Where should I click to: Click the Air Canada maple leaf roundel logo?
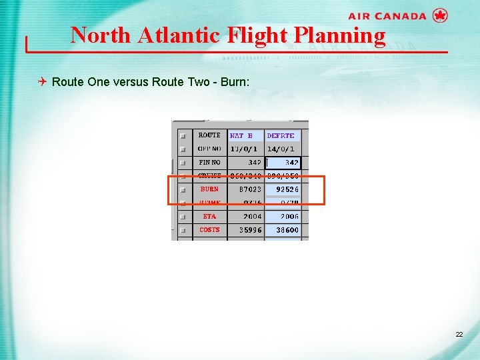(x=440, y=15)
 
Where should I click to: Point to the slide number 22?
(x=459, y=333)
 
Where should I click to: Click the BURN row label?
(x=209, y=189)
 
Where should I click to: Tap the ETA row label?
(x=209, y=217)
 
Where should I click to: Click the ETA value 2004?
(x=252, y=217)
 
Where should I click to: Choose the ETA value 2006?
(x=289, y=217)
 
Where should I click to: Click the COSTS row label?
(x=209, y=230)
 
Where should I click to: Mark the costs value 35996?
(x=250, y=230)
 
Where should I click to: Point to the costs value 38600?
(x=287, y=230)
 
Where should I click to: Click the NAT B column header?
(x=241, y=135)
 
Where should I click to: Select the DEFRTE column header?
(x=281, y=135)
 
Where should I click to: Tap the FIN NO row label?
(x=209, y=162)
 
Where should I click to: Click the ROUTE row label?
(x=209, y=135)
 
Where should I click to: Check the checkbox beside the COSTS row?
(x=183, y=231)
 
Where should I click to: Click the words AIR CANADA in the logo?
(x=387, y=16)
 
